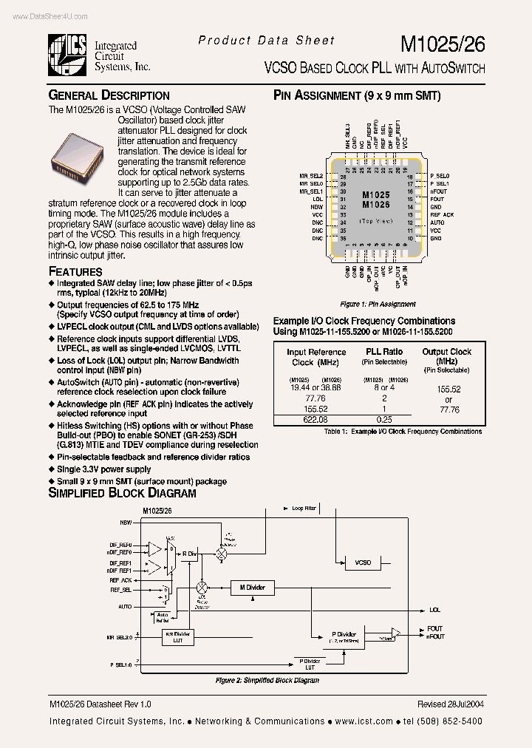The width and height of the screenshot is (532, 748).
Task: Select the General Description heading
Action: (109, 95)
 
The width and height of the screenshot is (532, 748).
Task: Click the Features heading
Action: (75, 271)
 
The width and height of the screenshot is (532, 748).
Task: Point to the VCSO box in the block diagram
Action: (363, 563)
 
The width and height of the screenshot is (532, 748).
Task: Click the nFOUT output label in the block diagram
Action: (435, 636)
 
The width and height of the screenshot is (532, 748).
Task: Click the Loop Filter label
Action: (303, 509)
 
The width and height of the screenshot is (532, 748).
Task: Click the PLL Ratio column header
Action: (384, 352)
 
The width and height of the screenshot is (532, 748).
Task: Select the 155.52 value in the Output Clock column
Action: (446, 388)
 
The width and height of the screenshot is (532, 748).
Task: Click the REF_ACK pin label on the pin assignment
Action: (442, 214)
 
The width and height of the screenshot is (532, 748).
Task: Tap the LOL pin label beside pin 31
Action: (318, 199)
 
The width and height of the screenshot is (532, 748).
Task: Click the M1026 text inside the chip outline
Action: (375, 205)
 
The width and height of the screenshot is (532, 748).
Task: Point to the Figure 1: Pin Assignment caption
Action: (378, 305)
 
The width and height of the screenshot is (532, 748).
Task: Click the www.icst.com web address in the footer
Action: (364, 721)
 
